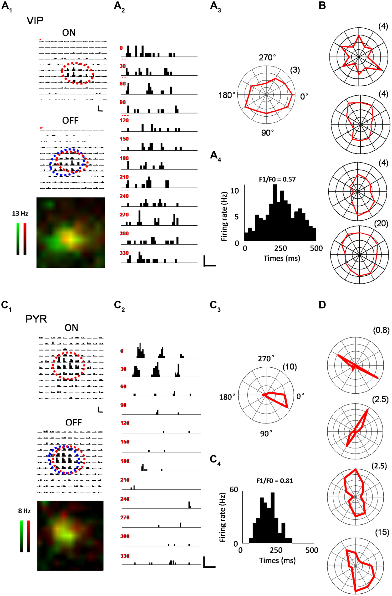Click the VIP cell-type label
(35, 21)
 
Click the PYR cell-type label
(36, 319)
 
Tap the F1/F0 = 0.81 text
(275, 481)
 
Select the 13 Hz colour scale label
(20, 214)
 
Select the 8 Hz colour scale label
(24, 511)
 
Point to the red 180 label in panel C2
(125, 461)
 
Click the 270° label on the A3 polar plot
(267, 58)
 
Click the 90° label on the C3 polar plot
(265, 433)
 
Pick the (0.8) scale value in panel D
(381, 330)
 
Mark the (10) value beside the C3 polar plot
(290, 367)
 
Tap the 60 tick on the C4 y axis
(233, 490)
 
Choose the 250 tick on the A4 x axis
(280, 248)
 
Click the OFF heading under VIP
(70, 120)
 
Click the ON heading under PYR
(71, 328)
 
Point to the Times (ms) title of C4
(277, 560)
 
